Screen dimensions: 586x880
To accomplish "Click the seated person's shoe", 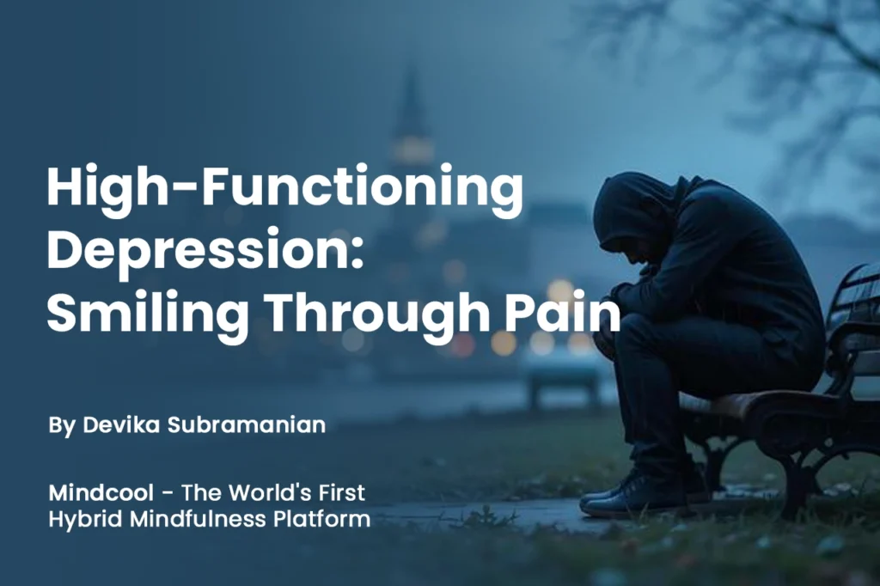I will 618,498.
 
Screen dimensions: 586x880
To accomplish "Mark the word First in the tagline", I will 339,493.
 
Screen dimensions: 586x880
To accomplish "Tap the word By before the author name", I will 62,426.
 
